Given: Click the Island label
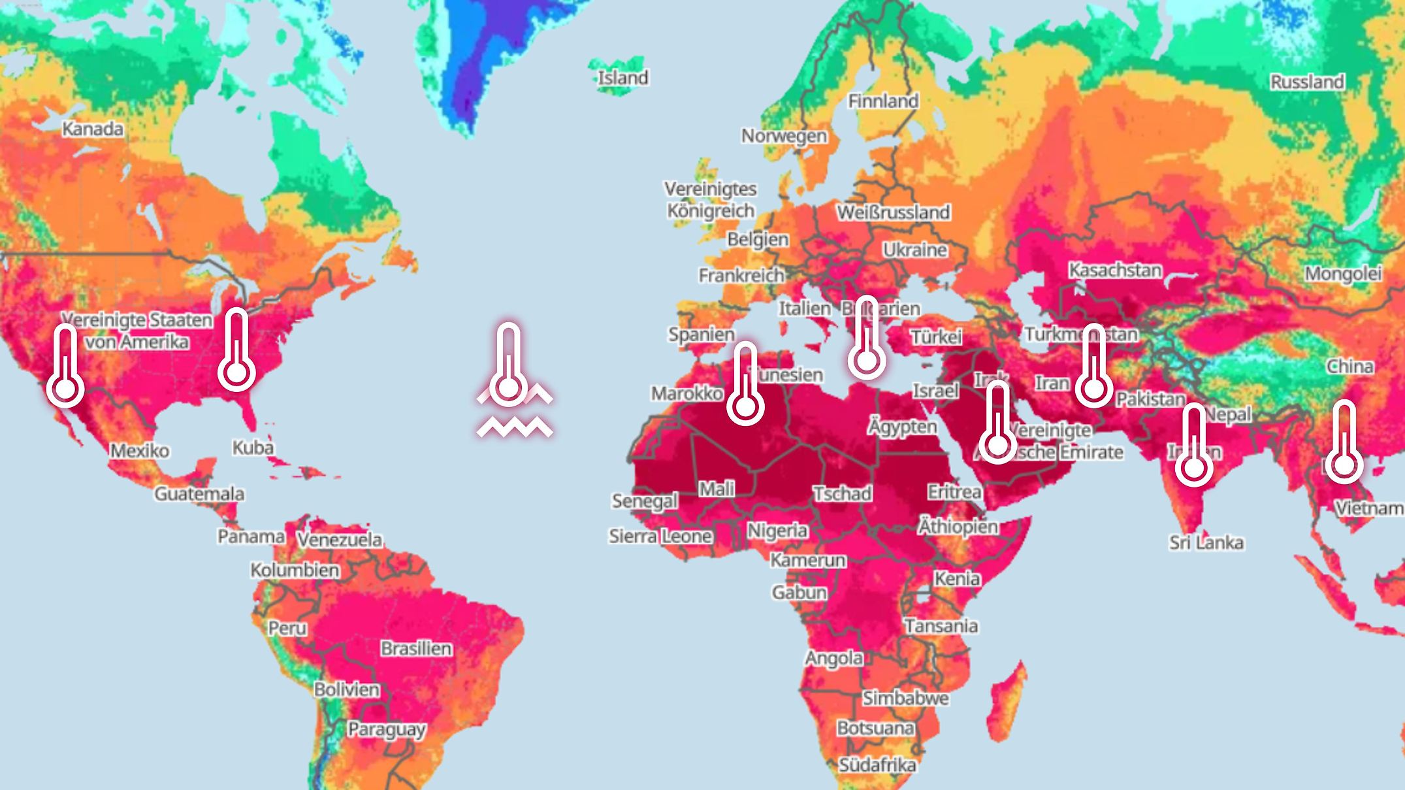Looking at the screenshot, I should tap(623, 78).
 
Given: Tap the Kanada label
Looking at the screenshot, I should tap(93, 129).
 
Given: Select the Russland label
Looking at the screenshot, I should tap(1307, 82).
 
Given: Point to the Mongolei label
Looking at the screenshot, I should tap(1343, 273).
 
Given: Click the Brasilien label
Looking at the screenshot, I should tap(416, 648).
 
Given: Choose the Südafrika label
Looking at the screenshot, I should tap(877, 765).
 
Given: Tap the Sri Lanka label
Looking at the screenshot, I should tap(1206, 542).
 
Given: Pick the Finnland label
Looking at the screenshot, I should tap(883, 101).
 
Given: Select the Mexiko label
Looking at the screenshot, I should tap(140, 450).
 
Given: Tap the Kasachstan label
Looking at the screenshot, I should tap(1115, 270).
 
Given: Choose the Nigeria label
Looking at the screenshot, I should tap(777, 530).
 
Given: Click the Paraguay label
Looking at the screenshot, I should tap(386, 729).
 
